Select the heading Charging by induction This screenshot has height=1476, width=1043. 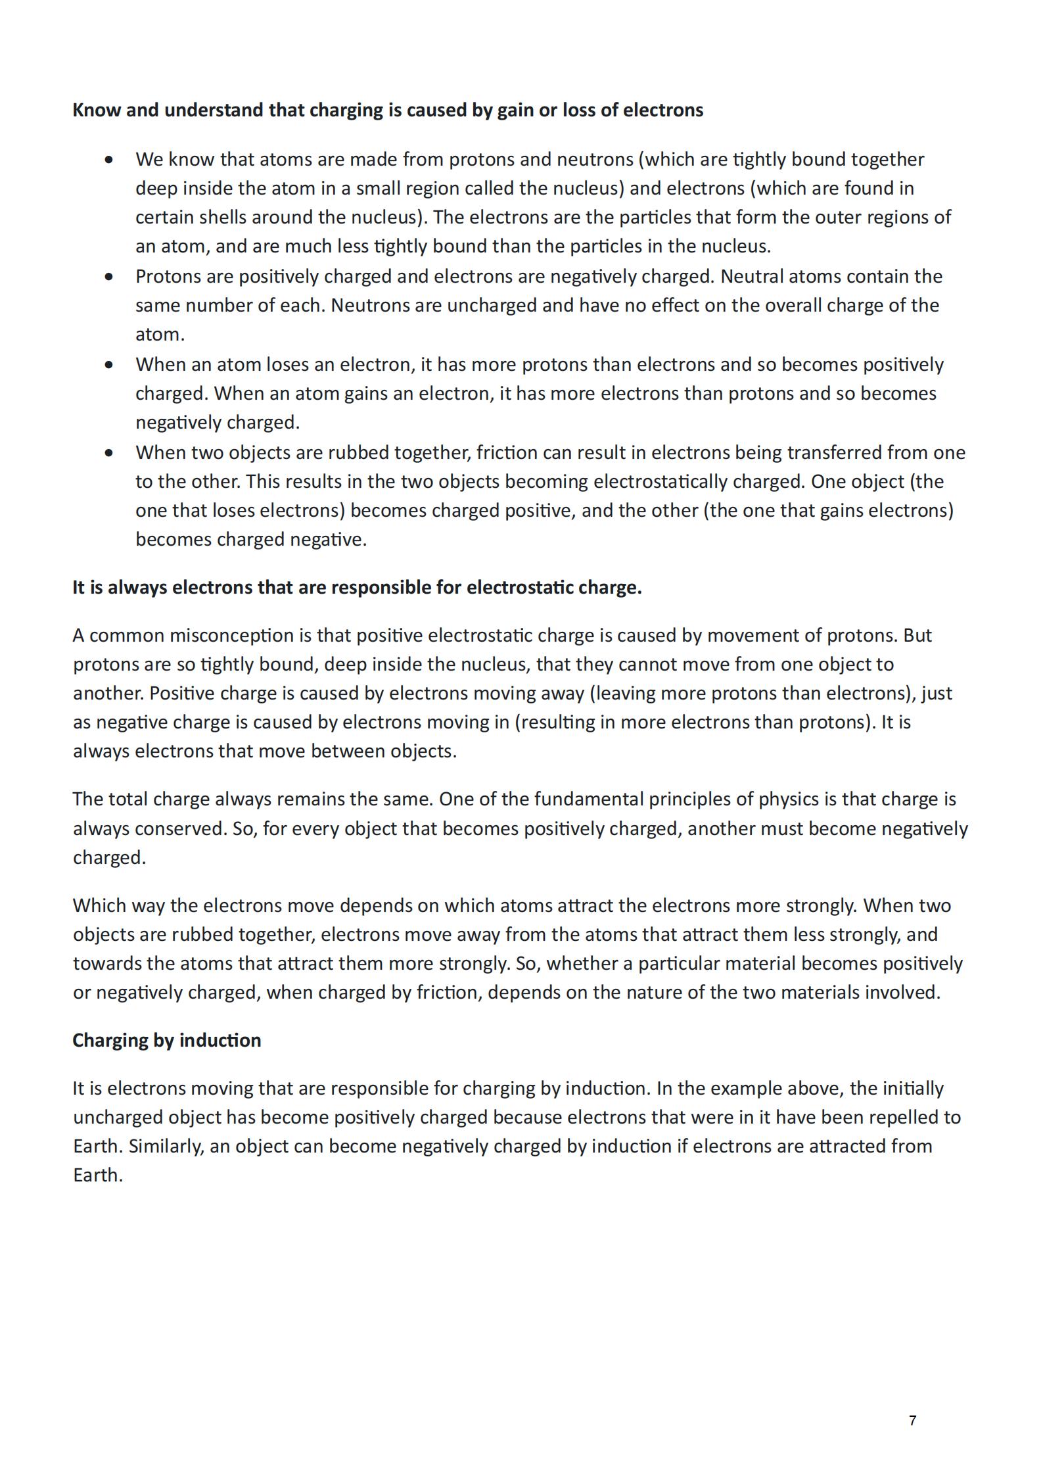[x=166, y=1040]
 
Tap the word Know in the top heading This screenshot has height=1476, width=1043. [x=96, y=110]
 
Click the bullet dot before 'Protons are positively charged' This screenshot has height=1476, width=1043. [x=109, y=277]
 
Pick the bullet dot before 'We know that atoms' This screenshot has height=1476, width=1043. [x=109, y=160]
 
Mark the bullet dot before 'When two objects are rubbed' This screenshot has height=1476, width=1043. [x=109, y=453]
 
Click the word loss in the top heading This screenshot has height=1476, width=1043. [x=580, y=110]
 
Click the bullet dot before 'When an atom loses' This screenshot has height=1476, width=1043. [x=109, y=365]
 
